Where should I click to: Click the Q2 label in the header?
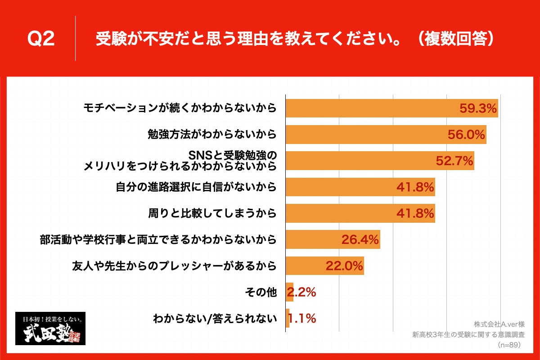(x=41, y=39)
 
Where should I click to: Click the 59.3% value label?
(x=478, y=108)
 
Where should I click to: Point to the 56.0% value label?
(x=466, y=134)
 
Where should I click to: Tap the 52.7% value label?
(x=454, y=160)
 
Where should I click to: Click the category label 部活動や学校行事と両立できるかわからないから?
(x=157, y=239)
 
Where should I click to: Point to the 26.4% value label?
(x=360, y=239)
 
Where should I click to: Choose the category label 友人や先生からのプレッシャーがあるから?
(x=174, y=266)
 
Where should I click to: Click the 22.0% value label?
(x=344, y=266)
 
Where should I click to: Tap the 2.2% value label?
(x=301, y=292)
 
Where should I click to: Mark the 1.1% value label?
(x=301, y=319)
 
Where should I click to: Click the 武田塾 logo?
(x=50, y=328)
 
